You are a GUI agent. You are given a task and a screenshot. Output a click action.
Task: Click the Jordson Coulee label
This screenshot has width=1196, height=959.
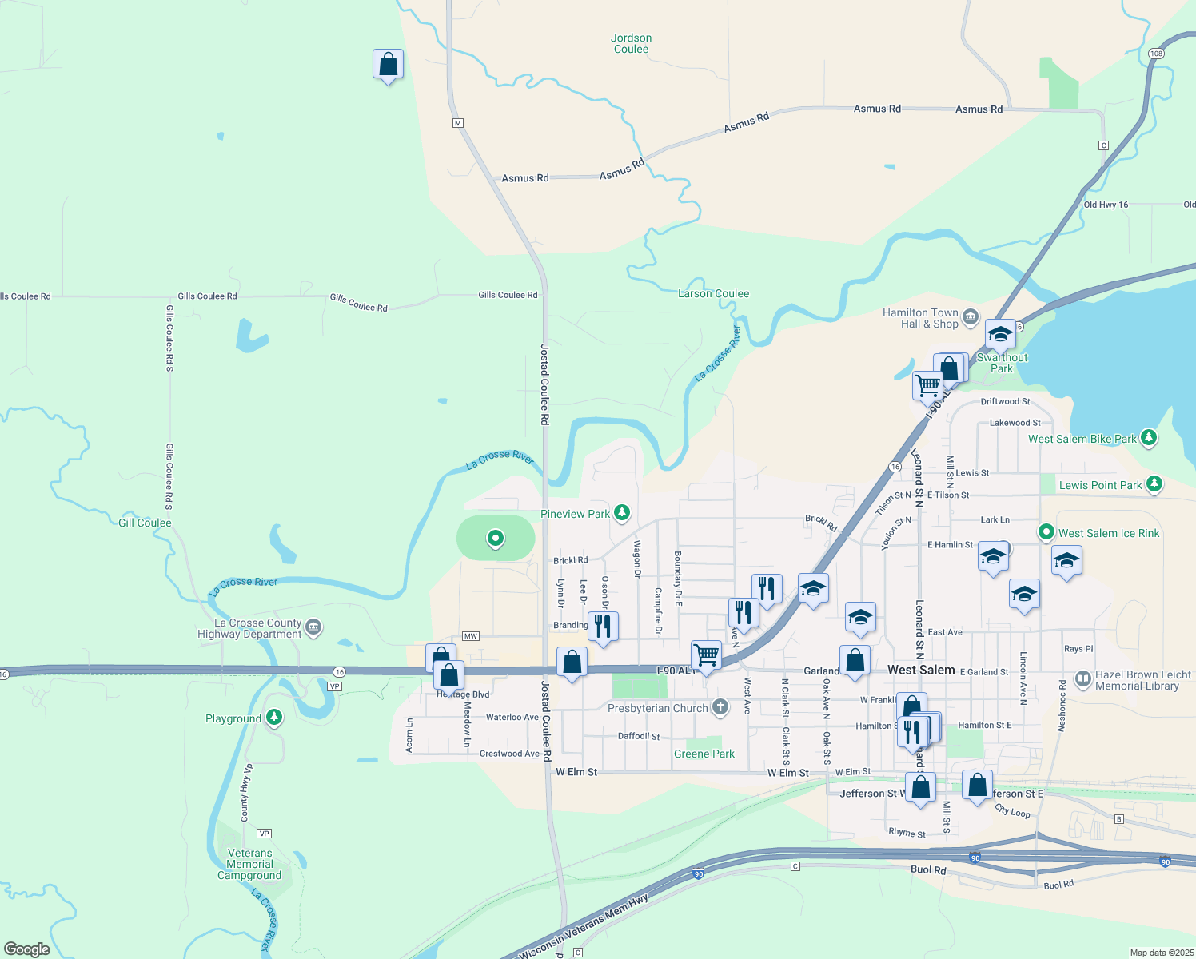point(631,43)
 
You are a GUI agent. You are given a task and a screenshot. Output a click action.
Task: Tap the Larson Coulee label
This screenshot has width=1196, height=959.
point(713,293)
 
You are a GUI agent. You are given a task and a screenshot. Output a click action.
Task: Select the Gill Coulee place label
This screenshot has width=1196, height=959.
point(145,523)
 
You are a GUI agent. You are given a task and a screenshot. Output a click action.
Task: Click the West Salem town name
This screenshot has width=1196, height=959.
point(921,670)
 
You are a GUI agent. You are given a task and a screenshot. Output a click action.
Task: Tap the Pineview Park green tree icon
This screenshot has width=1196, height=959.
point(621,513)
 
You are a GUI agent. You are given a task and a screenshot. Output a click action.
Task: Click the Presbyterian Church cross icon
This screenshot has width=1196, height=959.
point(720,707)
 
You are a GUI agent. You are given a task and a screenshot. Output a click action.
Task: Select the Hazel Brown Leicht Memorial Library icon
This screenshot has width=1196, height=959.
point(1082,679)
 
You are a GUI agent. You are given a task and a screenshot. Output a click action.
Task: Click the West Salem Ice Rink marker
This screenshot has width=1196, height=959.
point(1046,532)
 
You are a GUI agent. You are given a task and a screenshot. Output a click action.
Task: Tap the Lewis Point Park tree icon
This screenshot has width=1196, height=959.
point(1154,484)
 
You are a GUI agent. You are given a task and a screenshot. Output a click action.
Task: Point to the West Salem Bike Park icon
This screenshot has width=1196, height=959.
point(1149,437)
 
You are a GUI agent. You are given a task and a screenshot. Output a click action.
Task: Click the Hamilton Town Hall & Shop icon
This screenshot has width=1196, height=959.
point(971,317)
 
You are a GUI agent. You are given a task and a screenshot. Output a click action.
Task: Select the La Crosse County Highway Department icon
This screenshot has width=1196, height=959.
point(313,627)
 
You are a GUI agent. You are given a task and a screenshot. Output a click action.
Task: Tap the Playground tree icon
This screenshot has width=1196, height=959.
point(274,718)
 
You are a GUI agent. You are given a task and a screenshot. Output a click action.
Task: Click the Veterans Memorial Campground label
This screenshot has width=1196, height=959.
point(249,864)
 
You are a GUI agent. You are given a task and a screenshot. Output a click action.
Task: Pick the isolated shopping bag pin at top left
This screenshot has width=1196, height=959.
point(388,64)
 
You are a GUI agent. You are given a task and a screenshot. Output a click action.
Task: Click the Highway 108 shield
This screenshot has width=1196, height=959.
point(1155,54)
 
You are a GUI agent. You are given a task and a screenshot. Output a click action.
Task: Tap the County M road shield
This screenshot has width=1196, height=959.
point(457,123)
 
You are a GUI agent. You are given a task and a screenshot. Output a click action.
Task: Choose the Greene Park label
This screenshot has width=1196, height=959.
point(704,754)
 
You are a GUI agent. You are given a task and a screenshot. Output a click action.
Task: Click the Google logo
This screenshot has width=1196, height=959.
point(27,949)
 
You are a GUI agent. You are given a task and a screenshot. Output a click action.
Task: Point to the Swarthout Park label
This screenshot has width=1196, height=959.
point(1002,363)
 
